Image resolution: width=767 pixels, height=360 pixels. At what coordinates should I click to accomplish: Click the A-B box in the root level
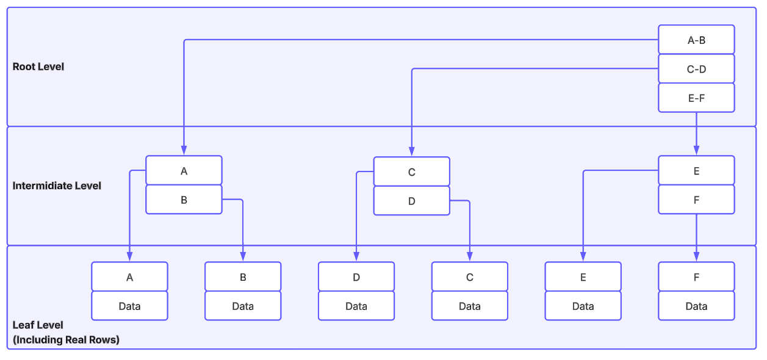696,40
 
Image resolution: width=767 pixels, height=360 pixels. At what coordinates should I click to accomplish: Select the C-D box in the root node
696,69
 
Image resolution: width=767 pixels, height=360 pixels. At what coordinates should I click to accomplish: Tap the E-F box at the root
696,98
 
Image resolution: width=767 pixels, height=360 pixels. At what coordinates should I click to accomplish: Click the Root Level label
38,67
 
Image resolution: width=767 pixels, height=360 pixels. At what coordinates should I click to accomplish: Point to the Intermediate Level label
57,185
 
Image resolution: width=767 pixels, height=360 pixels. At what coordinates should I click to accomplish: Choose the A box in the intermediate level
184,171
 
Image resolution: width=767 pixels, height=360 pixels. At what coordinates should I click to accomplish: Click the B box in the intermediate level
184,200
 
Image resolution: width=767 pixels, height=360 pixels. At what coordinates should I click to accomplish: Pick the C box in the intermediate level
411,172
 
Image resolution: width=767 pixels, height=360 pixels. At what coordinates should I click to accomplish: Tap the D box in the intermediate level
411,201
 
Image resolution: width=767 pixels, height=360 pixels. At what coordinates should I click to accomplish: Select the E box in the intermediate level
696,171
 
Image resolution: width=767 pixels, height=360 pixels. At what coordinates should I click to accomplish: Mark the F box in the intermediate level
696,200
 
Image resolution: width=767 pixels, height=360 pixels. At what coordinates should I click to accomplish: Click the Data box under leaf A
129,306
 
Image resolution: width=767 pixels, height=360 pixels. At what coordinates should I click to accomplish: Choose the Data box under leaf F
696,306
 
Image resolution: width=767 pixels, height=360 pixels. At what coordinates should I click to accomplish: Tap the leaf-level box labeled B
243,277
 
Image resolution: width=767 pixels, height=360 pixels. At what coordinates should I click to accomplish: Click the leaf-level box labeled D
356,277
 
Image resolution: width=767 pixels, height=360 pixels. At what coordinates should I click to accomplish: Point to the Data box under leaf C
469,306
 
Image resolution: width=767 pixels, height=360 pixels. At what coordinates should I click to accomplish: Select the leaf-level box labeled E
583,277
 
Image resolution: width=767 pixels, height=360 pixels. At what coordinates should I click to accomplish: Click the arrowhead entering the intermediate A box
184,151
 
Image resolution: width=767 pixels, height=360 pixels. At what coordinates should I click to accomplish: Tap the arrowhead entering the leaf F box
696,257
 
